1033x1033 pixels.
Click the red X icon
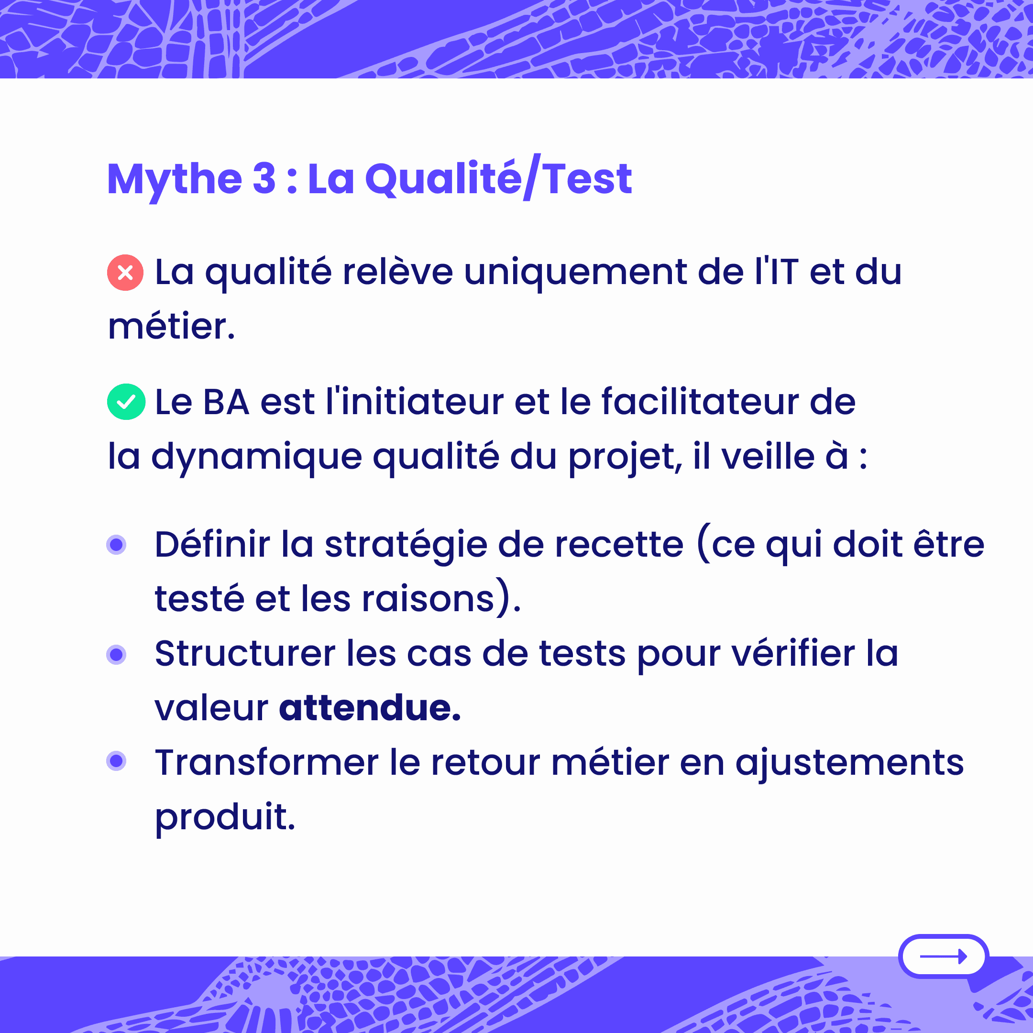pos(125,273)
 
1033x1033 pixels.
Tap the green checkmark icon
pos(126,402)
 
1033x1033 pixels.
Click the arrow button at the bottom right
pos(944,956)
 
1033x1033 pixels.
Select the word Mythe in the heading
pos(175,180)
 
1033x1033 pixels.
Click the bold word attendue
pos(370,708)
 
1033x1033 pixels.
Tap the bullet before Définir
pos(116,545)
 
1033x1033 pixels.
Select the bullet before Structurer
pos(116,654)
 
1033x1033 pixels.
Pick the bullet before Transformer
pos(116,761)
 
